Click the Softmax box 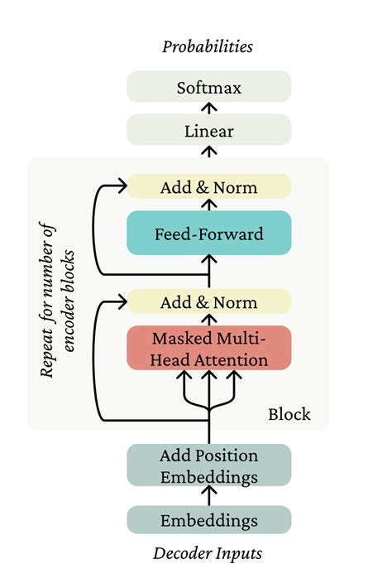pyautogui.click(x=208, y=87)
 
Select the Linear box pyautogui.click(x=208, y=131)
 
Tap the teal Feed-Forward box pyautogui.click(x=208, y=234)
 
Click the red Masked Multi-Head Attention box pyautogui.click(x=208, y=349)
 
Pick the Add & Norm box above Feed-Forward pyautogui.click(x=208, y=187)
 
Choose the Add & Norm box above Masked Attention pyautogui.click(x=208, y=302)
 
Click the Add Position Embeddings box pyautogui.click(x=208, y=466)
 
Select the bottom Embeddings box pyautogui.click(x=208, y=521)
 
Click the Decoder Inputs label pyautogui.click(x=208, y=553)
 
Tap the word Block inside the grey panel pyautogui.click(x=289, y=413)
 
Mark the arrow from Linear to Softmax pyautogui.click(x=209, y=108)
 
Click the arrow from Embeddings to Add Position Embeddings pyautogui.click(x=209, y=495)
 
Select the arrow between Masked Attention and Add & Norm pyautogui.click(x=209, y=320)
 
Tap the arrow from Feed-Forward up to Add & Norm pyautogui.click(x=209, y=205)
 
